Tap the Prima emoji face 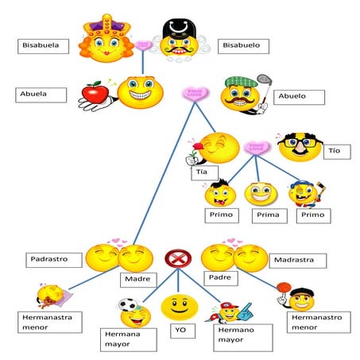259,194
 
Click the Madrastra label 296,260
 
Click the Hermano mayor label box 238,337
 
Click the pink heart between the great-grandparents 143,46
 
